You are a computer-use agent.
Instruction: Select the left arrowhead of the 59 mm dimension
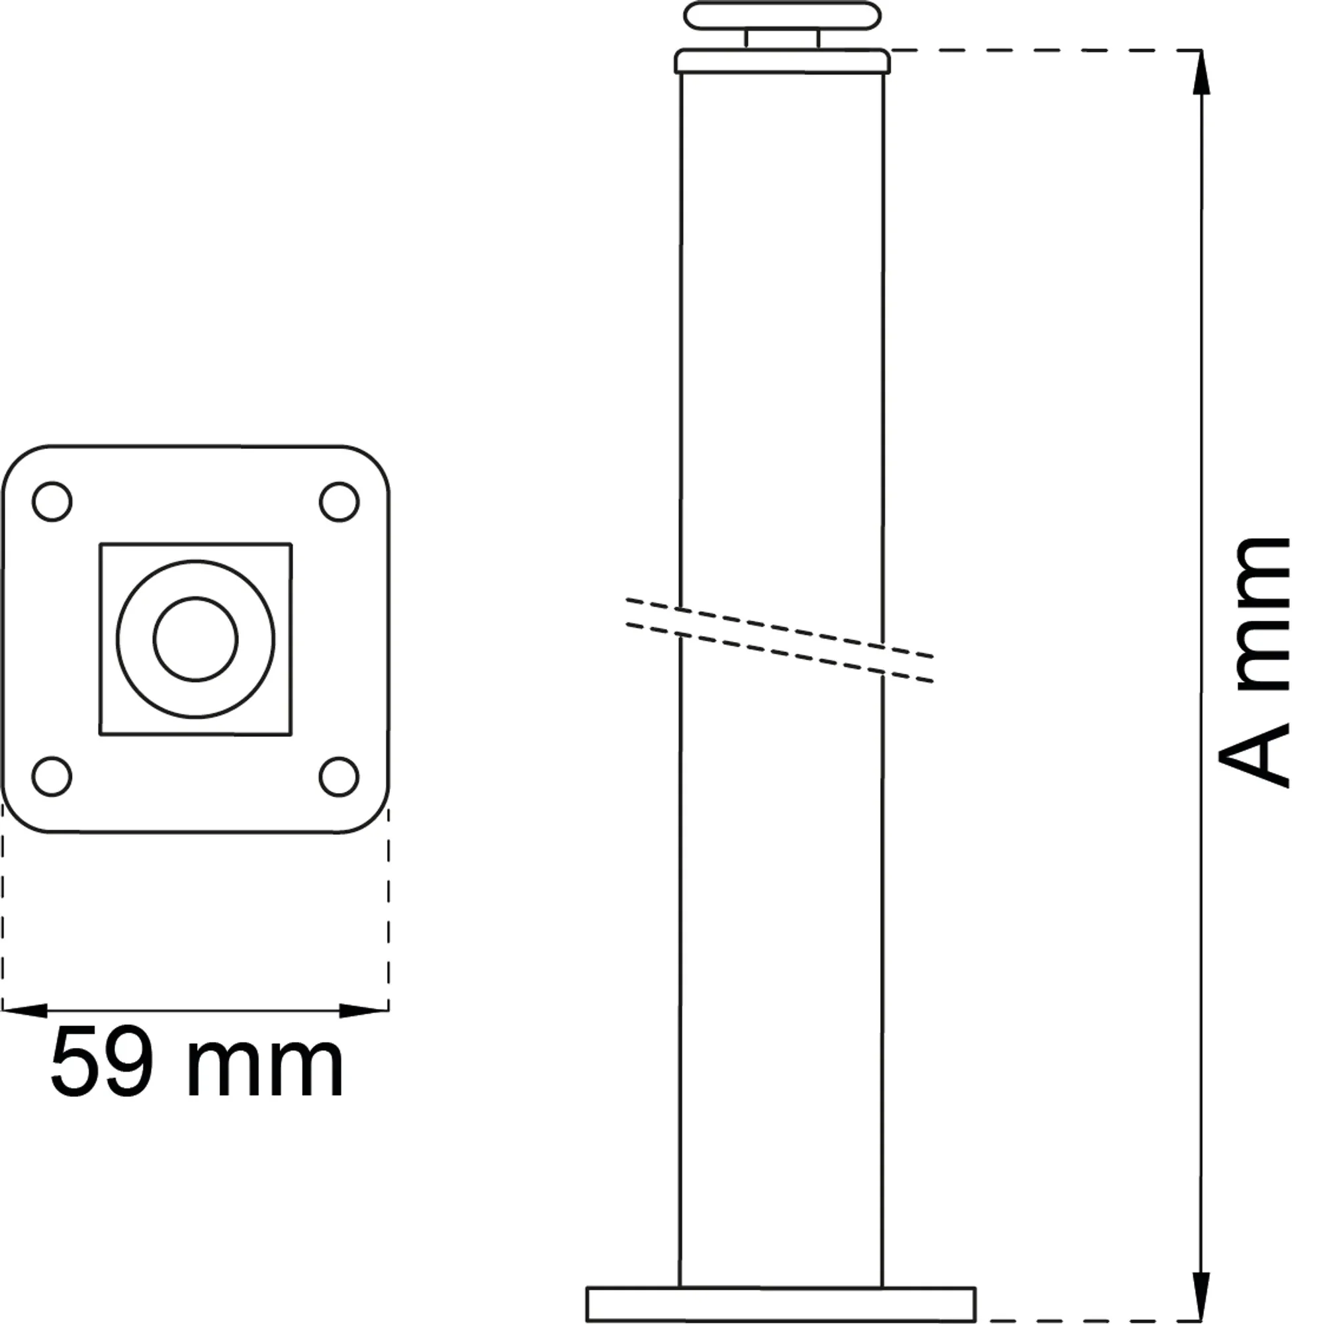point(24,1010)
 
